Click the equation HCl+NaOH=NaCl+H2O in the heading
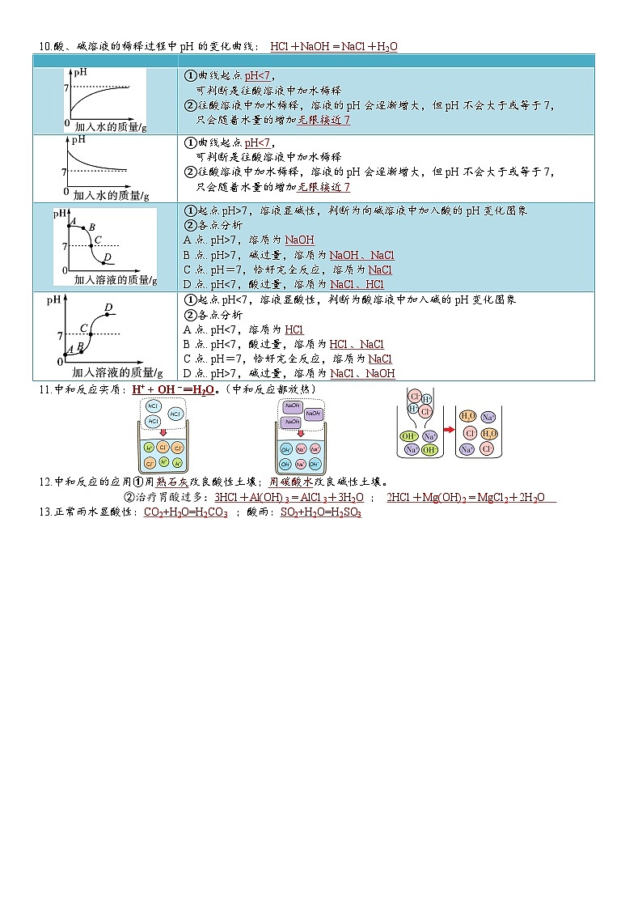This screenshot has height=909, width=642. [x=333, y=47]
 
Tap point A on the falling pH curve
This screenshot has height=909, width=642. [x=69, y=226]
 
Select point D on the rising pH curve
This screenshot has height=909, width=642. [x=108, y=313]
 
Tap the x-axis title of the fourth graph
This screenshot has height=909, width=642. [x=117, y=372]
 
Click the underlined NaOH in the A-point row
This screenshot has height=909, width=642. [x=299, y=240]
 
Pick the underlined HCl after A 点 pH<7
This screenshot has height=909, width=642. [x=294, y=329]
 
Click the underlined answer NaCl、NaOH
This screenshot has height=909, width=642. [x=362, y=373]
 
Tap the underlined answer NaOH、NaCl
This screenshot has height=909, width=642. [x=361, y=255]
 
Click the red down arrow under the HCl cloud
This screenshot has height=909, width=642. [x=164, y=433]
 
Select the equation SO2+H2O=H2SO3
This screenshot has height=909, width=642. [x=320, y=513]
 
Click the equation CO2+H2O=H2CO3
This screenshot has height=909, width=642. [x=185, y=513]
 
